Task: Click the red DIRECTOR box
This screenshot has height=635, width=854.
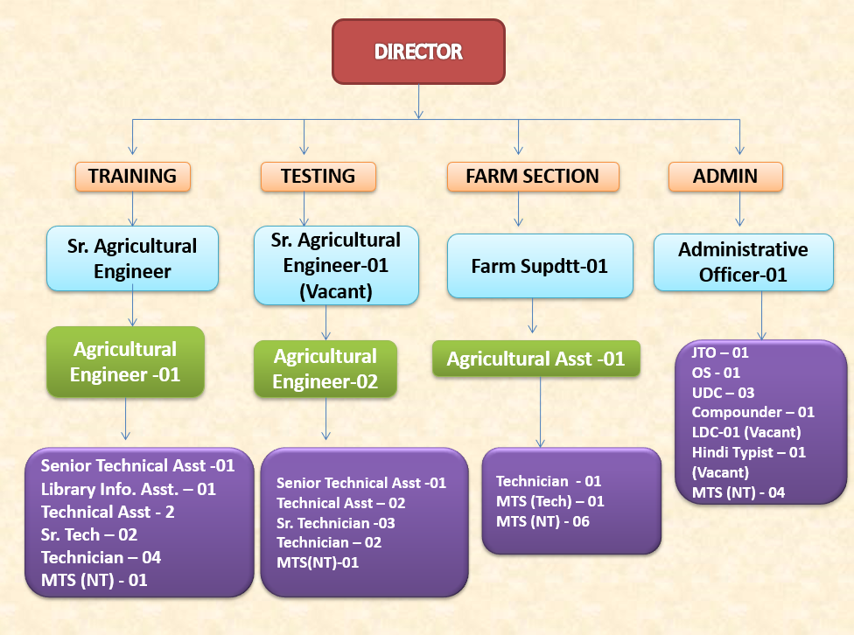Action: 418,52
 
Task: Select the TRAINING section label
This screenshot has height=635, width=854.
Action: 132,176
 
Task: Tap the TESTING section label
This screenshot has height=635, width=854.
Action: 318,176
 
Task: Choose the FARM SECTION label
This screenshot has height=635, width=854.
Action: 532,176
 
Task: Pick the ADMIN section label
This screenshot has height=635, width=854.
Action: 725,176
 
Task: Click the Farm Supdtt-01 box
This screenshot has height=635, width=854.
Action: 539,265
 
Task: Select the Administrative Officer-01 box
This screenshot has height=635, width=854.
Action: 743,262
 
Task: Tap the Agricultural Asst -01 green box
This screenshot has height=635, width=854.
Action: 536,359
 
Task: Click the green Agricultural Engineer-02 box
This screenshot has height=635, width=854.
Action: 325,369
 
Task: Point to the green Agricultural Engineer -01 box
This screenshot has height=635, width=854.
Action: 125,362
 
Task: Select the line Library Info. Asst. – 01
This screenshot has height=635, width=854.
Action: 128,489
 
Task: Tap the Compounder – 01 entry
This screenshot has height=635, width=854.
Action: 752,412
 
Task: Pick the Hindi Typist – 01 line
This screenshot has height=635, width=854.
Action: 748,452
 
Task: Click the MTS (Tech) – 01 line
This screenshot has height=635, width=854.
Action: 550,501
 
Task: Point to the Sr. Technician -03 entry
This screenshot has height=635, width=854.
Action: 336,523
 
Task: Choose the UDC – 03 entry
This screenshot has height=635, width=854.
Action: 723,393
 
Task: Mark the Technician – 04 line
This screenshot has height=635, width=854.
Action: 101,557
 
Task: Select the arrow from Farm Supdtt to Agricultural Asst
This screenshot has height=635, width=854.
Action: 532,316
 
